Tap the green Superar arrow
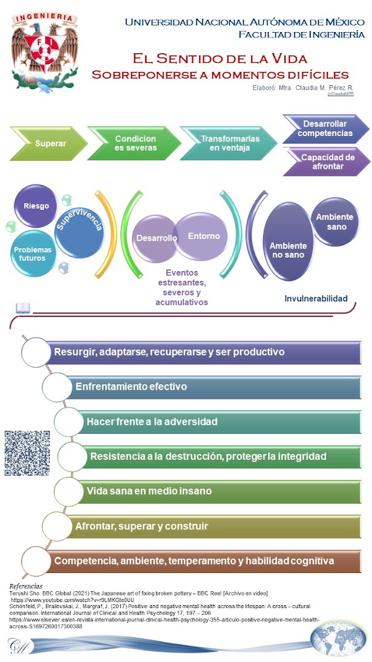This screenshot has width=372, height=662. point(50,143)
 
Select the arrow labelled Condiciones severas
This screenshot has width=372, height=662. point(134,143)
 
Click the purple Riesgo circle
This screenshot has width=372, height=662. point(36,206)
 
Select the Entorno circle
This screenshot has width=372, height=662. point(203,236)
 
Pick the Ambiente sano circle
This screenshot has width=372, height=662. point(334,221)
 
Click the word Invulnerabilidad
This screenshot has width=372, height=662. point(316,298)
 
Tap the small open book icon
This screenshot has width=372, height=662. point(22,308)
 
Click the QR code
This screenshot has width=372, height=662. point(27,453)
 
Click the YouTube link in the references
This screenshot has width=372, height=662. point(73,600)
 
